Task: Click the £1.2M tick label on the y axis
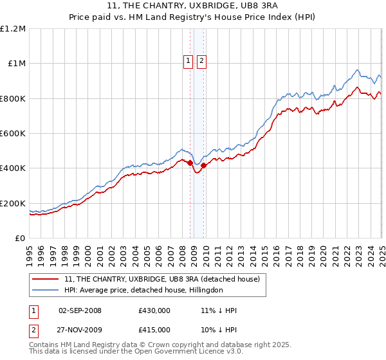(x=13, y=29)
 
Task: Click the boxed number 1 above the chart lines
(x=188, y=61)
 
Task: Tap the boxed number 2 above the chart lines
(x=201, y=61)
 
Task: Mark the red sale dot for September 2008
(x=190, y=163)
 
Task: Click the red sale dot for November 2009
(x=204, y=165)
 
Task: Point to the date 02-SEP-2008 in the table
(x=80, y=310)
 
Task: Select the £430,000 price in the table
(x=154, y=310)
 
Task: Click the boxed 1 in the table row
(x=34, y=310)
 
